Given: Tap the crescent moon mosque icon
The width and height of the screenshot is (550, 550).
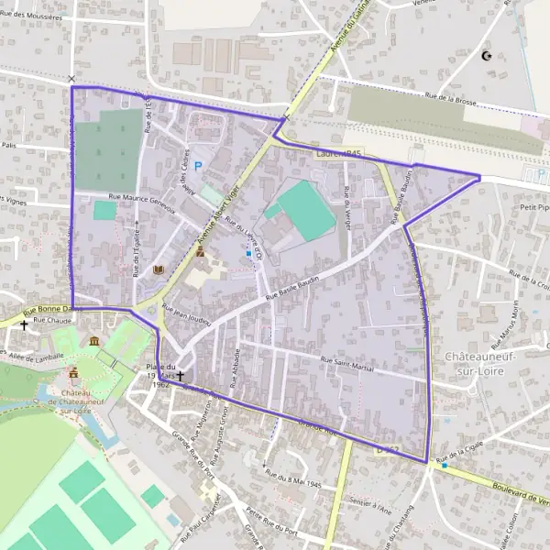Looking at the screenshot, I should (486, 57).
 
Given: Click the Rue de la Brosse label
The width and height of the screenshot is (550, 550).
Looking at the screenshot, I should (449, 99).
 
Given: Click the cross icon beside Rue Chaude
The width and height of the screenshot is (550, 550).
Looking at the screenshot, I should (24, 324).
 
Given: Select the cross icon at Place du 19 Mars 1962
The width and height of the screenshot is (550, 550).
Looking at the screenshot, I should (181, 376).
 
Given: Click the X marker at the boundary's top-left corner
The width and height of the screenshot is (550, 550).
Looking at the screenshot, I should (71, 79).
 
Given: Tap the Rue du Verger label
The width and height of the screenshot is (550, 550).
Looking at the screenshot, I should (346, 203).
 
